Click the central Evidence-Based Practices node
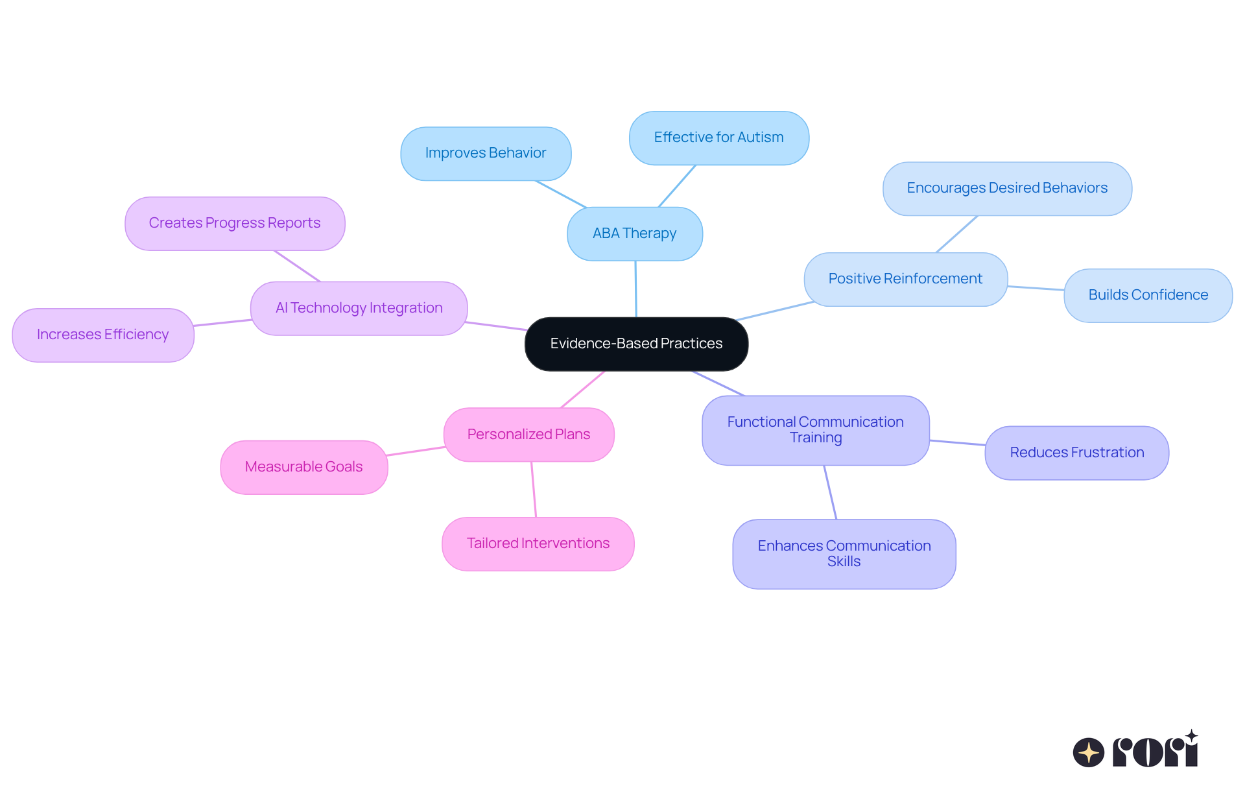click(636, 344)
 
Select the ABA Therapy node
click(634, 233)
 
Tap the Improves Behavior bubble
click(486, 154)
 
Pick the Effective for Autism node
click(718, 137)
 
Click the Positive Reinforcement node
click(905, 279)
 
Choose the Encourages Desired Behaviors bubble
click(1007, 188)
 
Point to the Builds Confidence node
click(1148, 295)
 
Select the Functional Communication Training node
click(815, 430)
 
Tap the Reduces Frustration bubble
click(1076, 453)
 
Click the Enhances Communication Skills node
click(844, 554)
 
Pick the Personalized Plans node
click(528, 435)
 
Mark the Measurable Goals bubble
click(303, 467)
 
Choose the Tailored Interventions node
click(538, 543)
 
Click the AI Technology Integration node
click(359, 308)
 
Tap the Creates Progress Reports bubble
click(234, 223)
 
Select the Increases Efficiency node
click(102, 335)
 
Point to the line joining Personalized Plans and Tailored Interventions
click(534, 489)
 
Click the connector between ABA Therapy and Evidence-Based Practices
click(635, 289)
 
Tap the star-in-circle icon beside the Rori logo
click(1088, 752)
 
